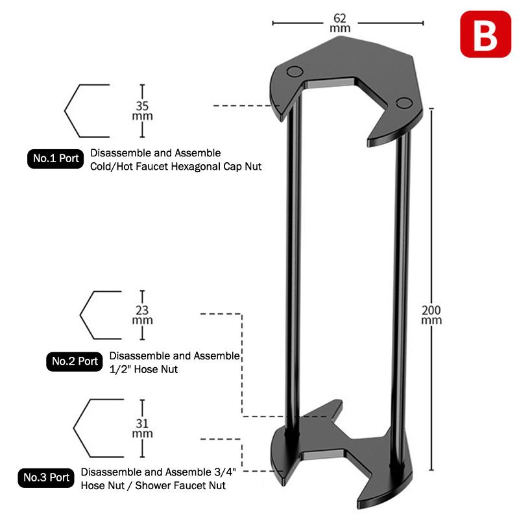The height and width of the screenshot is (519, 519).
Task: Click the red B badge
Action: (485, 34)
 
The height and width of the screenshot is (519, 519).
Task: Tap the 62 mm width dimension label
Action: (340, 23)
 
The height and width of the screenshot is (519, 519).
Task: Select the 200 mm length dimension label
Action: (431, 315)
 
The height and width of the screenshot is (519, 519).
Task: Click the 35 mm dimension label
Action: (142, 110)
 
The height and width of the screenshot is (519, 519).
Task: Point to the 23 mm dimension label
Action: (142, 315)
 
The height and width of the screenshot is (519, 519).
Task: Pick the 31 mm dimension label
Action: (142, 428)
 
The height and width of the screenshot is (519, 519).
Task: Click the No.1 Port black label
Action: (56, 159)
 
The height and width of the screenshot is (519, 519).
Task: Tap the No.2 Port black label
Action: (75, 361)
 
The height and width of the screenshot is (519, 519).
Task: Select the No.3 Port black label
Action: (46, 478)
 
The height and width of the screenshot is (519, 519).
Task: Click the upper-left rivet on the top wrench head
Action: (295, 71)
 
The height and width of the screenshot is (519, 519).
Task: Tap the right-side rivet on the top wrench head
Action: (404, 103)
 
